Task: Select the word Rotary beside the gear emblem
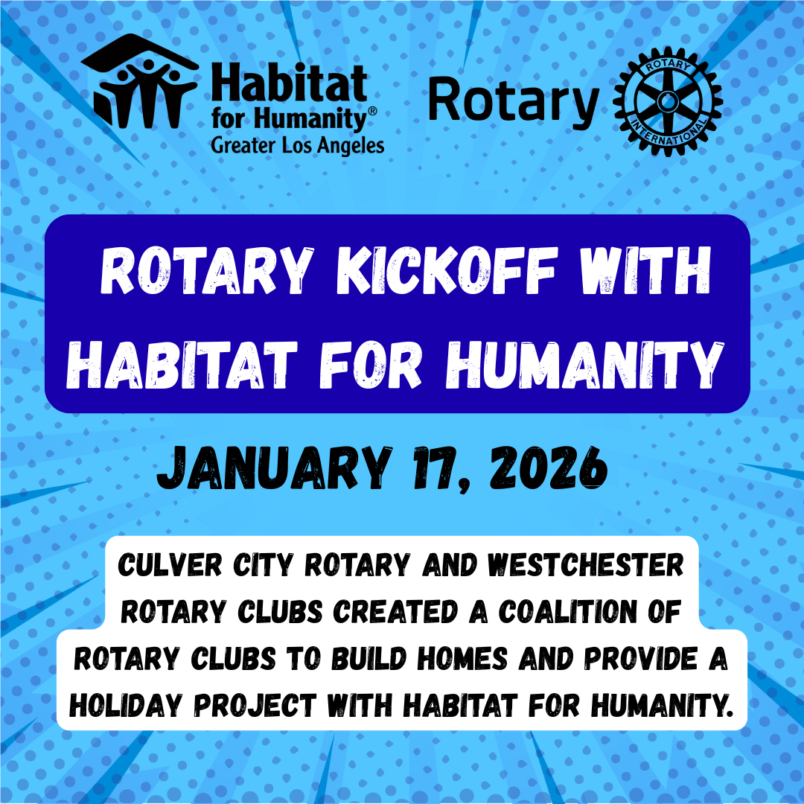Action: click(514, 103)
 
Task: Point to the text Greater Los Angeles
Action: click(298, 144)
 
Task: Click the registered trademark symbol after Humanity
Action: click(372, 112)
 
